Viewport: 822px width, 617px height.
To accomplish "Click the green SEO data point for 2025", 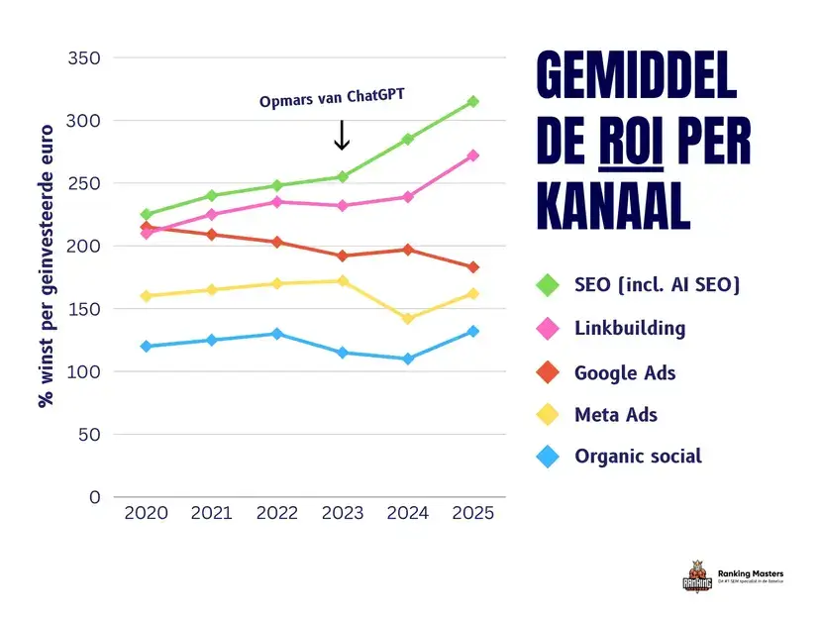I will click(473, 101).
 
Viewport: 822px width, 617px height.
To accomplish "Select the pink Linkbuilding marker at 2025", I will click(473, 155).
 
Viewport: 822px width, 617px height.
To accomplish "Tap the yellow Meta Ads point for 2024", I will click(407, 319).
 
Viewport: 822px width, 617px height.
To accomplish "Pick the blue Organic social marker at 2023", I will click(342, 353).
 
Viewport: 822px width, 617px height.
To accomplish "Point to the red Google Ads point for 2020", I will click(146, 227).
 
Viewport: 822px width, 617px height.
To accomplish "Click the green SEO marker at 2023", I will click(342, 176).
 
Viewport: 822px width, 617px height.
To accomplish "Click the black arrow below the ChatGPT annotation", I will click(342, 135).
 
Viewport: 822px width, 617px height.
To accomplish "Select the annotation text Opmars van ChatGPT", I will click(332, 99).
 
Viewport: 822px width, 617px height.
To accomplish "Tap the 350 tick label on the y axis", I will click(84, 58).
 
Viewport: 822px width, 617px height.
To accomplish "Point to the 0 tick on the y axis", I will click(95, 497).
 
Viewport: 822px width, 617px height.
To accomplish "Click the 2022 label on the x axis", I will click(276, 513).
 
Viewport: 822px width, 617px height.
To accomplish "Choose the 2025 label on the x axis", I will click(472, 513).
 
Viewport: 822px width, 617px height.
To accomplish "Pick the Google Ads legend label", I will click(625, 373).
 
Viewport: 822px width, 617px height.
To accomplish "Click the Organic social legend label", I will click(638, 457).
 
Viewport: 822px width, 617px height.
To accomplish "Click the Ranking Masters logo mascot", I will click(697, 577).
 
